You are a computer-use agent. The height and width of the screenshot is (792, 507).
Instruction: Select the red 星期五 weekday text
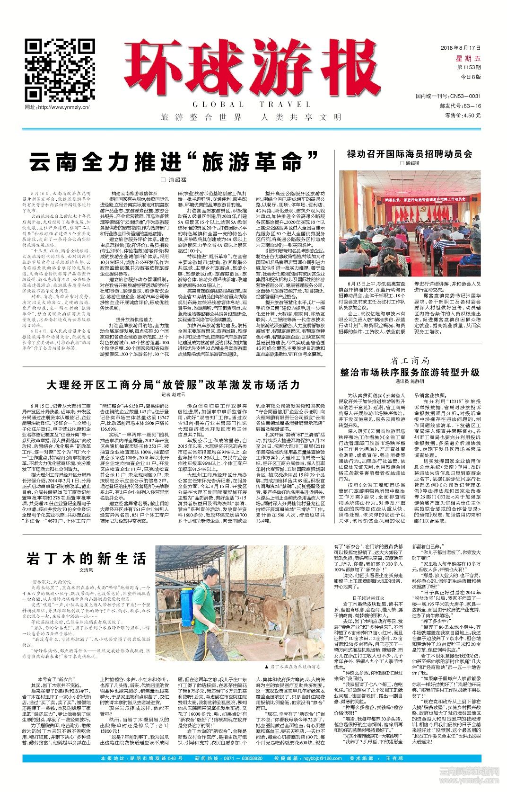467,58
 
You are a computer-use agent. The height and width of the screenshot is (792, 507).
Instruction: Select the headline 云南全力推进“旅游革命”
173,162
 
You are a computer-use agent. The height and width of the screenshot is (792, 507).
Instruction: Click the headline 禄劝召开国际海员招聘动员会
409,154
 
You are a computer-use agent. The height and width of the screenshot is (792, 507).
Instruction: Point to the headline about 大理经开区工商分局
173,385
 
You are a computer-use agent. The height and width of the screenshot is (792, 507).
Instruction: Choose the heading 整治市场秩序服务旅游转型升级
410,372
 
